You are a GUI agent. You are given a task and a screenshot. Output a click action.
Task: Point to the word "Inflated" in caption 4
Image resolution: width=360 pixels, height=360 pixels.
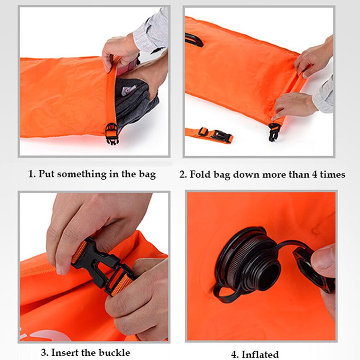click(x=260, y=355)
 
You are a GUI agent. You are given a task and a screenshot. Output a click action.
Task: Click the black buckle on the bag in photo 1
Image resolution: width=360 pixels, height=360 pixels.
click(x=111, y=133)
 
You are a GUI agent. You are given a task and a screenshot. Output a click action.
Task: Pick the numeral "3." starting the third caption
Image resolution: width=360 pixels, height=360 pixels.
click(x=45, y=352)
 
